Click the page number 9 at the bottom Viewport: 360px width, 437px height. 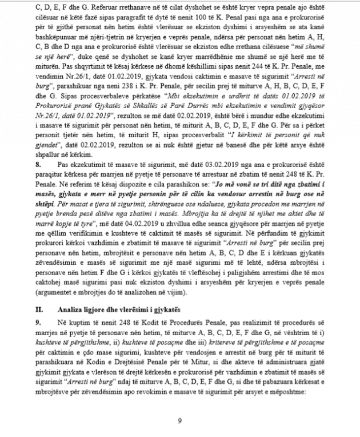179,422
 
